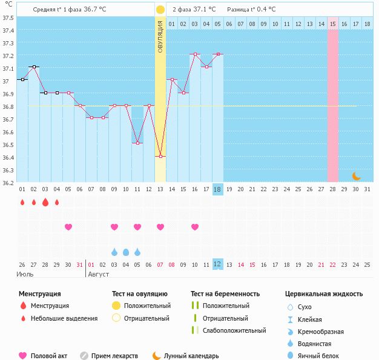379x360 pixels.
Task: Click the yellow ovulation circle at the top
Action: [x=160, y=10]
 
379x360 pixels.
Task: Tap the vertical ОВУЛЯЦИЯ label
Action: [x=160, y=36]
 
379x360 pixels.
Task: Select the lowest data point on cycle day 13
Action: [x=160, y=157]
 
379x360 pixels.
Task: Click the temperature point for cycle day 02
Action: [x=33, y=67]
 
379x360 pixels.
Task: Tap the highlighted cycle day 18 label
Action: [x=217, y=189]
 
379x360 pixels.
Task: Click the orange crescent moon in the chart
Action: [x=357, y=176]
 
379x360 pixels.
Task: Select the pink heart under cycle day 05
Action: [x=68, y=227]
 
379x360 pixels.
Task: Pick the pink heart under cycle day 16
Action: [x=194, y=227]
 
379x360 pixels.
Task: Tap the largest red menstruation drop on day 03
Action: [x=45, y=202]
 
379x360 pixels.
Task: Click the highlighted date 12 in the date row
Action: [x=217, y=264]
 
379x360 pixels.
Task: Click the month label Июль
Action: [x=24, y=274]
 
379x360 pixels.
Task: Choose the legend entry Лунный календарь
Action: [x=191, y=356]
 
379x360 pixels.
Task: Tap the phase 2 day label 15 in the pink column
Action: [x=333, y=24]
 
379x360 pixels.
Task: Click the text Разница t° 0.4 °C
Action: [x=251, y=10]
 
